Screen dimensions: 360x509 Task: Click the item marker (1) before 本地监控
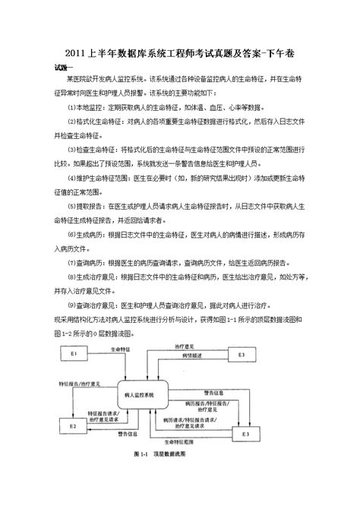click(71, 106)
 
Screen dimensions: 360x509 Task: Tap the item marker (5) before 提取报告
click(71, 205)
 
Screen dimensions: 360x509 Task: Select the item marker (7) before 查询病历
click(71, 261)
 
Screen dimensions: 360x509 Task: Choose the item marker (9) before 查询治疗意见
click(71, 303)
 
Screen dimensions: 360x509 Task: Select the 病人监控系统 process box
click(139, 396)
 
